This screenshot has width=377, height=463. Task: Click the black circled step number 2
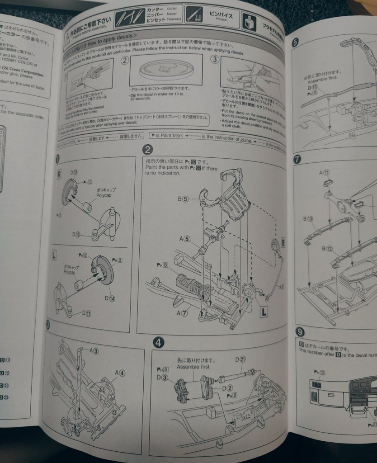pos(147,150)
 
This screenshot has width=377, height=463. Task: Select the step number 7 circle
pos(297,159)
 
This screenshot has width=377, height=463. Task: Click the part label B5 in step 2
pos(183,198)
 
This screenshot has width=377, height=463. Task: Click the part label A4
pos(119,373)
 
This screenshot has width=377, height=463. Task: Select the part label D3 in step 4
pos(162,377)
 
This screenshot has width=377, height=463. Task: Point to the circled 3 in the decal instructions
pos(215,59)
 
